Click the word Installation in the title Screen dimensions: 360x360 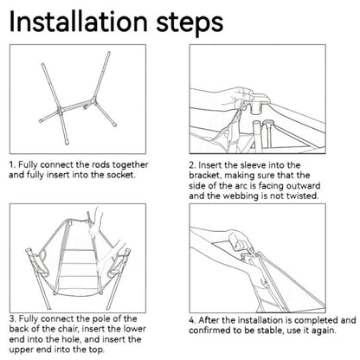78,21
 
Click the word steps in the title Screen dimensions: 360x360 190,23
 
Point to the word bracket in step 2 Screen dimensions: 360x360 205,176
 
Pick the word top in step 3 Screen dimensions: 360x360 96,350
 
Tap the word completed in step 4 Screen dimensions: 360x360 316,320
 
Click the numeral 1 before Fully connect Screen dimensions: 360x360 11,165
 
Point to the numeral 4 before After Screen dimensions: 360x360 192,320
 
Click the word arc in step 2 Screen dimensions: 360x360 239,186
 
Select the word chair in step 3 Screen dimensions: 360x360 67,329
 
